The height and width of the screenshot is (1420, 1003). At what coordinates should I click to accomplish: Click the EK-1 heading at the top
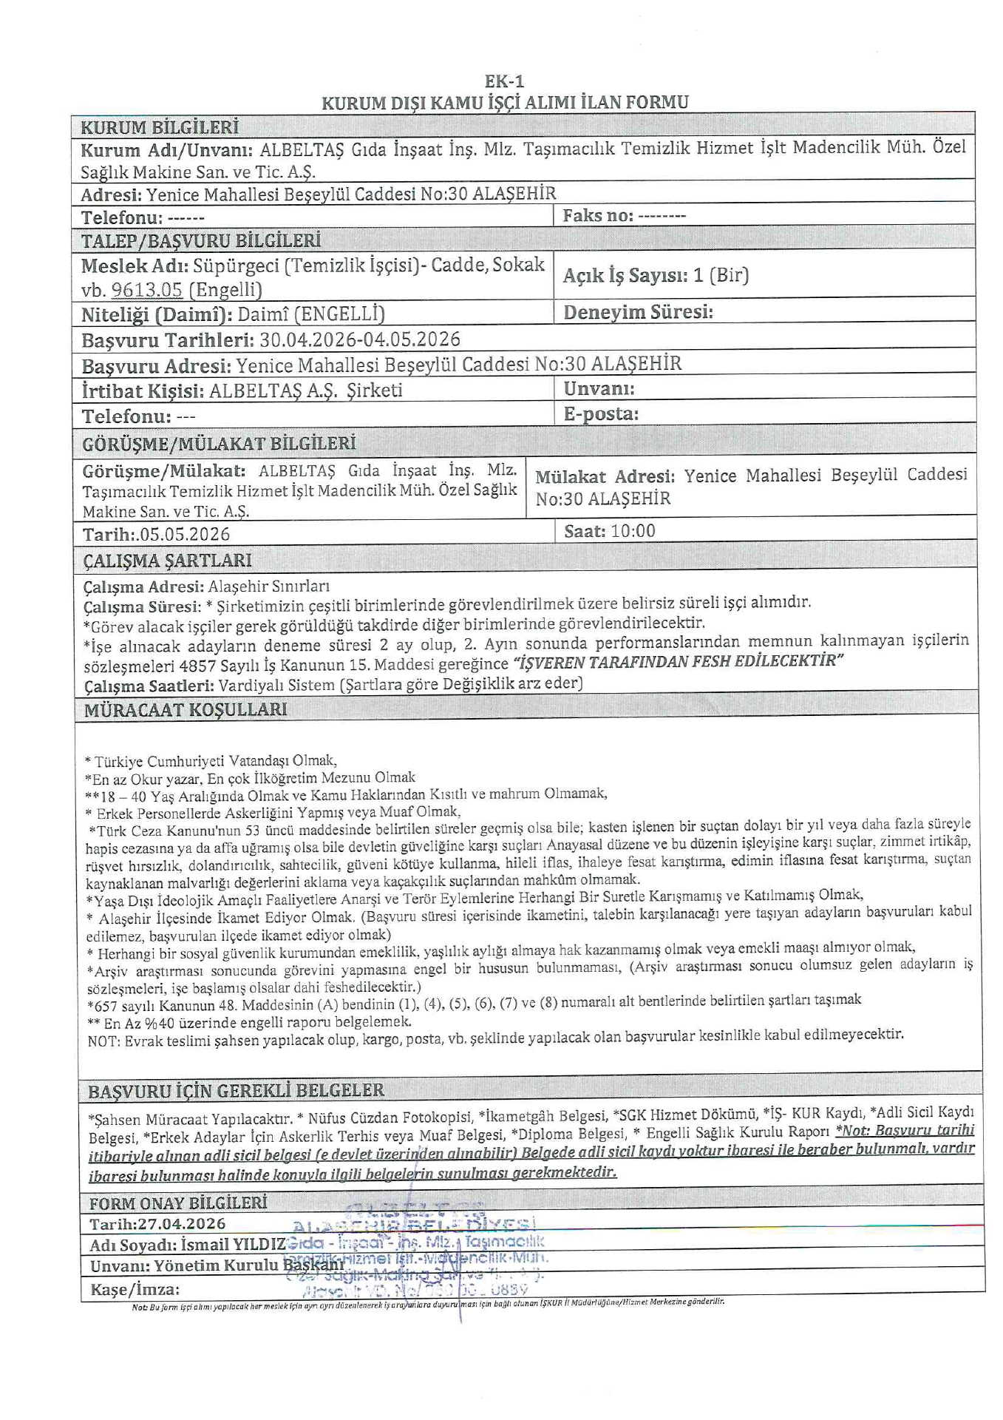[x=504, y=81]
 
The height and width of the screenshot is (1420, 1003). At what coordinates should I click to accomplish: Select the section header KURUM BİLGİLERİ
[x=160, y=127]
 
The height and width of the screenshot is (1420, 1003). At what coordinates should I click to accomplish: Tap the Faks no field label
[x=597, y=216]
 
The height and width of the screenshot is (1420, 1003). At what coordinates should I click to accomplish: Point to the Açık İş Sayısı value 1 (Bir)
[x=721, y=276]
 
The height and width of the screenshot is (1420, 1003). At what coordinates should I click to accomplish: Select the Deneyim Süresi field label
[x=638, y=312]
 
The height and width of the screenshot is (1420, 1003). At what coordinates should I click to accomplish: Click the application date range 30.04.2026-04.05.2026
[x=359, y=339]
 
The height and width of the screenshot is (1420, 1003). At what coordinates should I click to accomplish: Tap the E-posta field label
[x=600, y=413]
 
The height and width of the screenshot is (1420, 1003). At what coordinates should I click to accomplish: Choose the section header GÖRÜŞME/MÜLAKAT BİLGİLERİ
[x=219, y=444]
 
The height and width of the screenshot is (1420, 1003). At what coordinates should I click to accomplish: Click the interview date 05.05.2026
[x=184, y=534]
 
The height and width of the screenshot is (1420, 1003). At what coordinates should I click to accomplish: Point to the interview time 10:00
[x=632, y=531]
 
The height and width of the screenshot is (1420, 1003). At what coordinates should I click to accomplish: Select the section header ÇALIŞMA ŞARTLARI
[x=167, y=561]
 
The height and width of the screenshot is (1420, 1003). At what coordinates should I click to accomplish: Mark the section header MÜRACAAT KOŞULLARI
[x=186, y=710]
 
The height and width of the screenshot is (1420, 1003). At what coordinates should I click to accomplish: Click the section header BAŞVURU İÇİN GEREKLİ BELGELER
[x=236, y=1091]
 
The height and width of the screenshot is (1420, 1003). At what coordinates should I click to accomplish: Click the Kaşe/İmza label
[x=135, y=1290]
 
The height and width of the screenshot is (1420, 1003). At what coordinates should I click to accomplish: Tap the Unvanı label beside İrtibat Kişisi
[x=599, y=389]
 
